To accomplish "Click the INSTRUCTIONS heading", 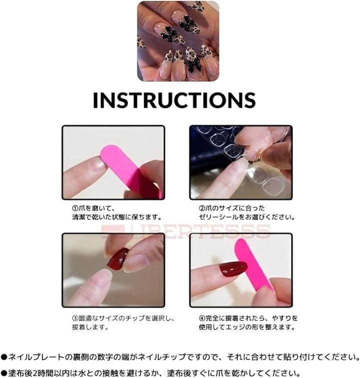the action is coord(174,100).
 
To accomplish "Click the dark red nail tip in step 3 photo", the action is coord(117,259).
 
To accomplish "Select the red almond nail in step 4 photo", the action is coord(233,269).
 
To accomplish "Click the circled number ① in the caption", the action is coord(75,208).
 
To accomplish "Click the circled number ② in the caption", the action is coord(202,208).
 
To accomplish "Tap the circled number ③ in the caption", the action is coord(75,318).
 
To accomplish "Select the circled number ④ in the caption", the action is coord(202,318).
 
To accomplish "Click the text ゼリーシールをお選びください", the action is coord(247,217).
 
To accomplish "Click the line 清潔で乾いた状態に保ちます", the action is coord(117,217).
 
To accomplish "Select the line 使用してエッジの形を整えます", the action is coord(247,327).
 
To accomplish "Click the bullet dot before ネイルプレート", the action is coord(4,357).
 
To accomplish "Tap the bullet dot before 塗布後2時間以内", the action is coord(4,373).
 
